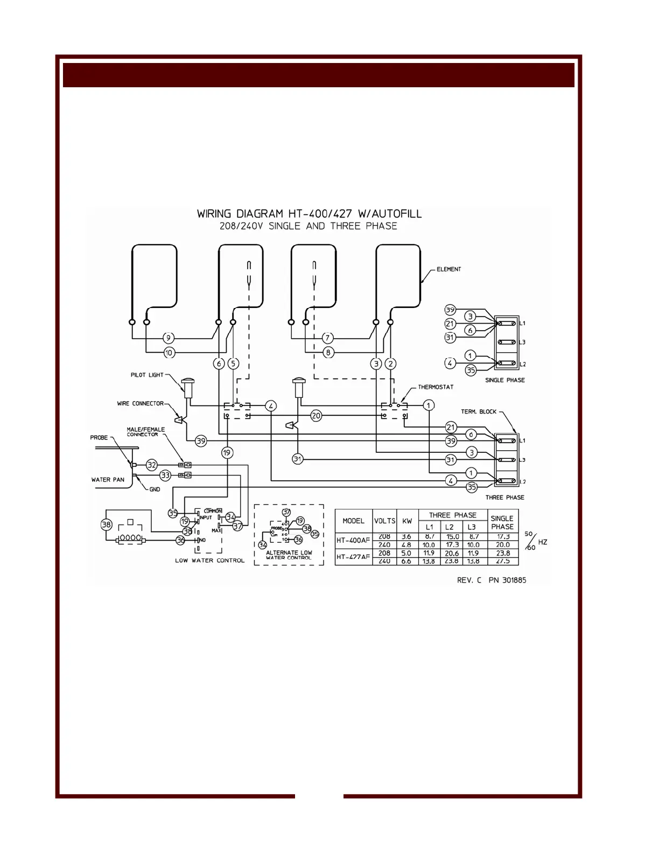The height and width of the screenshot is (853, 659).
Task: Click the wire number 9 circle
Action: point(169,338)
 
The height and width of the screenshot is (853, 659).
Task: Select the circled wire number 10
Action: point(169,353)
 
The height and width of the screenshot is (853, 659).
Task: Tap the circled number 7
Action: point(328,338)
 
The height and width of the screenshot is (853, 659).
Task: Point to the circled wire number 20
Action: point(316,416)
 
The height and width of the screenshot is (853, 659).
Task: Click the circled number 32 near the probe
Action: point(152,465)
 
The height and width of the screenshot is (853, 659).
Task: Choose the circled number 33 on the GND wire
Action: point(165,476)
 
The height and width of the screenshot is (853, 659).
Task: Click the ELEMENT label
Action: point(448,269)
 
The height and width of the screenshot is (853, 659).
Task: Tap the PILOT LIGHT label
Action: point(147,375)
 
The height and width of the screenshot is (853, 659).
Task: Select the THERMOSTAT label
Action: point(436,387)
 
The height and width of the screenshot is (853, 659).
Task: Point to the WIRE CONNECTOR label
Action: point(140,403)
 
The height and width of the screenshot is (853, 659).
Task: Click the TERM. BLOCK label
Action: point(479,411)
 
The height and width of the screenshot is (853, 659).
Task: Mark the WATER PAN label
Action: point(108,479)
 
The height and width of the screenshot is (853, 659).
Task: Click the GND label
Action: point(155,490)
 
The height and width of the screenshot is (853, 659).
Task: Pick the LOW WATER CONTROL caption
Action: point(209,561)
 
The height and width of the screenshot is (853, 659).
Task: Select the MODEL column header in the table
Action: point(353,521)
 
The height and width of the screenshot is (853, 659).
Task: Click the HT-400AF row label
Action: point(353,540)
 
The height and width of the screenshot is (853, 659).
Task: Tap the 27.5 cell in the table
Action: point(502,561)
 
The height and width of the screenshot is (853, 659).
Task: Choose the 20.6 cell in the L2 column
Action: point(452,553)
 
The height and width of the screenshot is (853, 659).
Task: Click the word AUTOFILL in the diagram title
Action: point(393,214)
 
